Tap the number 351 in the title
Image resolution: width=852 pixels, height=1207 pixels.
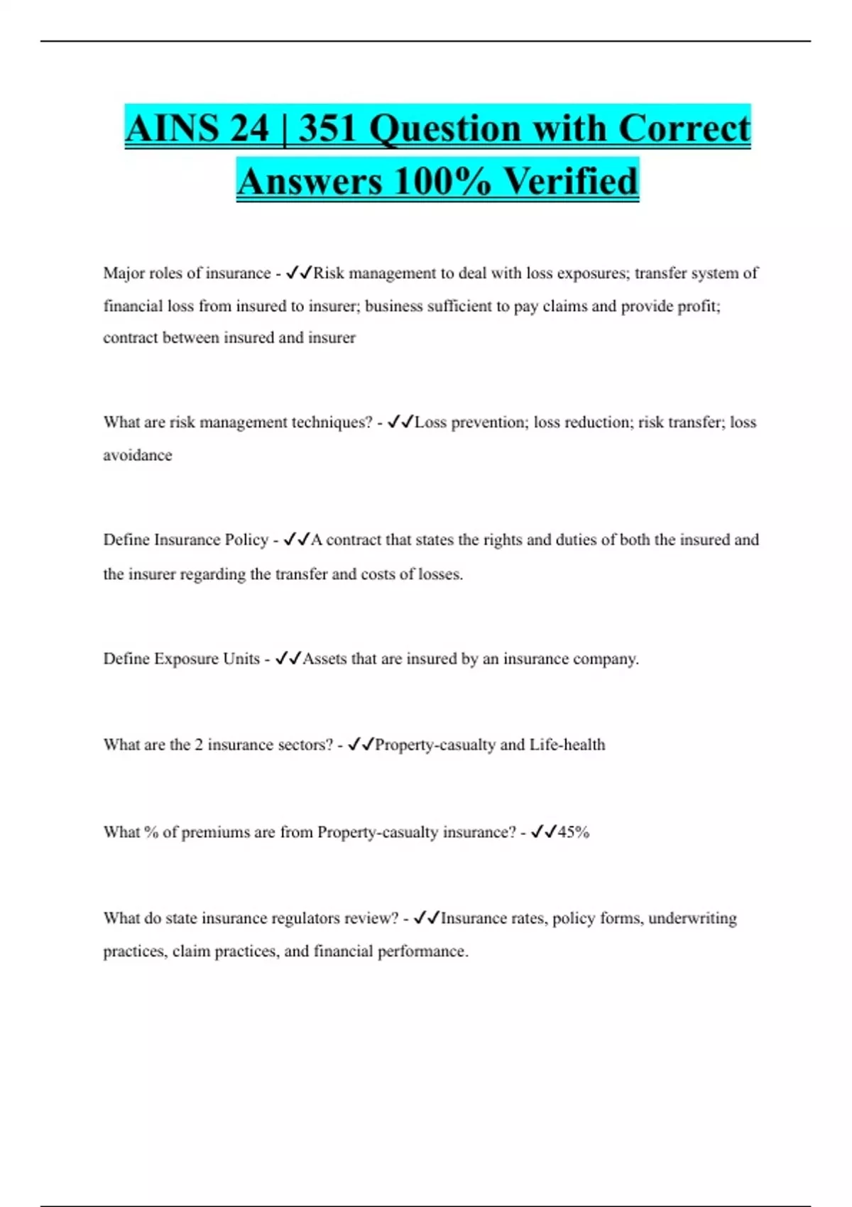coord(327,129)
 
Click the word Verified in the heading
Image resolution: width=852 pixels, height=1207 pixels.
coord(571,181)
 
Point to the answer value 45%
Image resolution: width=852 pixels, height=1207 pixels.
coord(574,832)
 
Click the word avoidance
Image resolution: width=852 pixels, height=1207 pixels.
coord(138,455)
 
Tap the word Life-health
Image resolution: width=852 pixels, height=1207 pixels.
coord(567,745)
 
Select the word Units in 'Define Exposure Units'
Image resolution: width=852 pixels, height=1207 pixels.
coord(241,659)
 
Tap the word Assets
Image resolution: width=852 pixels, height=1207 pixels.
coord(324,659)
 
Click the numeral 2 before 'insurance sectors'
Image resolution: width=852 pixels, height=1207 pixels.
coord(199,745)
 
